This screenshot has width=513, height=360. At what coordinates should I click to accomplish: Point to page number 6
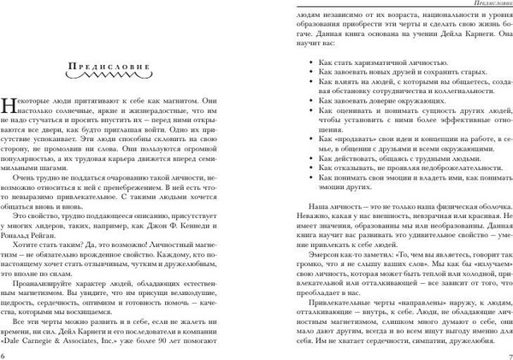[x=6, y=352]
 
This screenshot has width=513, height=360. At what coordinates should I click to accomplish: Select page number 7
[x=508, y=352]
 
